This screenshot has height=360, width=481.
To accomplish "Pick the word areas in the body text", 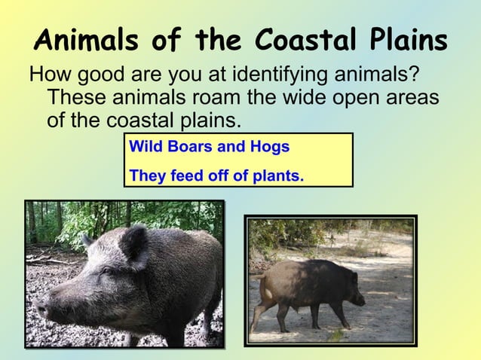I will (x=410, y=98).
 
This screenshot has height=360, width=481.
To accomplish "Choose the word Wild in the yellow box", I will (x=146, y=146).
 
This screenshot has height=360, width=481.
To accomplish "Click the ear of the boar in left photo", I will (x=134, y=243).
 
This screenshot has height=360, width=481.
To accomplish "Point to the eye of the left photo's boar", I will (x=103, y=270).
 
